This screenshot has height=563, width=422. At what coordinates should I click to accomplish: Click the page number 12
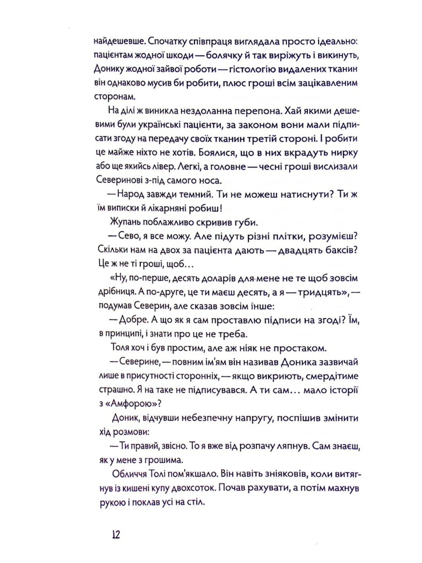(116, 534)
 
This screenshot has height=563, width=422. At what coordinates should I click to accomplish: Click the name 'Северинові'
(126, 181)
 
